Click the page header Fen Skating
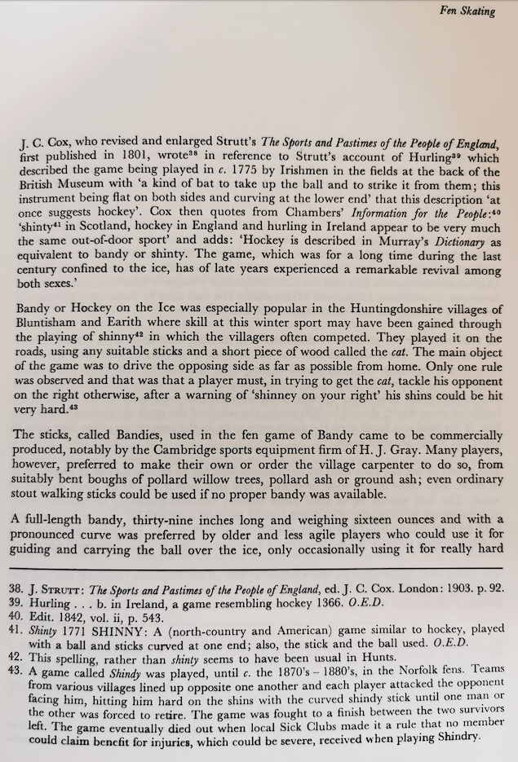tap(467, 11)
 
